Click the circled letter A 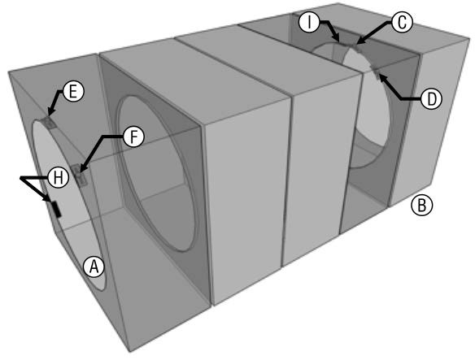(x=94, y=267)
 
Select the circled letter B (x=421, y=206)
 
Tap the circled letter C (x=402, y=23)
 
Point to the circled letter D (x=431, y=99)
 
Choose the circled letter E (x=72, y=92)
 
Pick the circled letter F (x=133, y=137)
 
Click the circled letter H (x=58, y=177)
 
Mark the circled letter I (x=309, y=22)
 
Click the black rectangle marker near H (x=56, y=209)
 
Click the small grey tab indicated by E (x=49, y=123)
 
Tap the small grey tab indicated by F (x=80, y=175)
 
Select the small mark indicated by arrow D (x=376, y=72)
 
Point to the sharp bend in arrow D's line (x=401, y=98)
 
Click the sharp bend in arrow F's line (x=104, y=137)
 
